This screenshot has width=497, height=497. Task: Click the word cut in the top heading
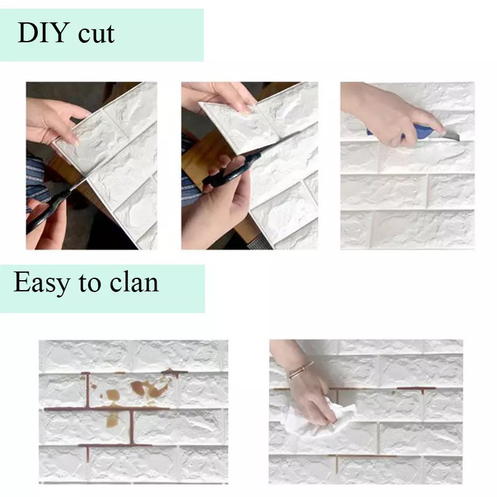(96, 34)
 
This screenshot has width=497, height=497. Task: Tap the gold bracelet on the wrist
(300, 370)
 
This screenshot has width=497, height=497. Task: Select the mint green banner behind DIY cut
(162, 34)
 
